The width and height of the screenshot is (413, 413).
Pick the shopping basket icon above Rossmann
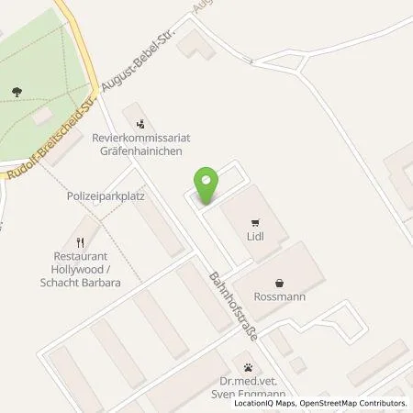point(279,281)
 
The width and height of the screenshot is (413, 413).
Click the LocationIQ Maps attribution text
point(265,404)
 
